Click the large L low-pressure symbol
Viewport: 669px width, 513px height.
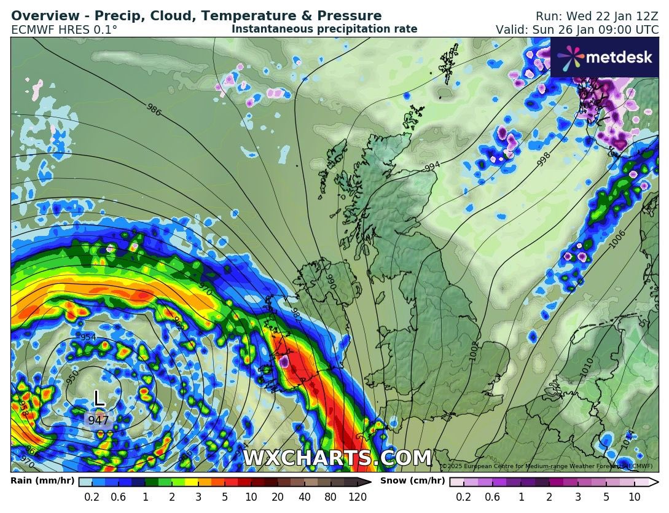pos(98,397)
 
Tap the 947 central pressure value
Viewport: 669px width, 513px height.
pos(98,421)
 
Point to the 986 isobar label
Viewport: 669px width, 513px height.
pos(154,109)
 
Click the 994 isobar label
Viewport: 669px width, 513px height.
pos(432,166)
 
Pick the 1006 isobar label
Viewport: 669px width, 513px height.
pos(618,240)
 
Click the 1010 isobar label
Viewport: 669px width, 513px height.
pos(587,367)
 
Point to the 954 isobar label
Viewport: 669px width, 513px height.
pos(88,338)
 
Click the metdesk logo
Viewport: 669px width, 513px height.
pos(604,57)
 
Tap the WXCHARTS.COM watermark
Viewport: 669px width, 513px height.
pos(337,458)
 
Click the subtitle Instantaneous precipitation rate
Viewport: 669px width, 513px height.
pos(324,29)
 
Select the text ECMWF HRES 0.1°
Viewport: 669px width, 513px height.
pos(64,29)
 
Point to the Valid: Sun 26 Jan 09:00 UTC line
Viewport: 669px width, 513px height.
pos(577,29)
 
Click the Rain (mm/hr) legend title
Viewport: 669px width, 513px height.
pos(42,481)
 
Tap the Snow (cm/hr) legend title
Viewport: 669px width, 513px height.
pos(413,481)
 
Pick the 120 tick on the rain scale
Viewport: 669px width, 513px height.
pos(358,497)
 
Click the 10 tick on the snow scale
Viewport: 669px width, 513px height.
pos(635,497)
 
